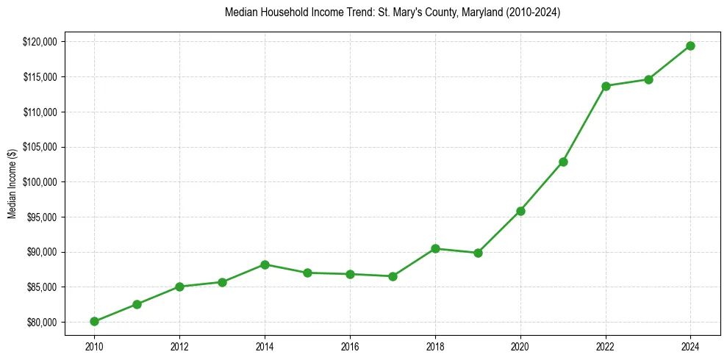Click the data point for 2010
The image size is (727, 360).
point(94,321)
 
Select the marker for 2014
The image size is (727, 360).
point(265,264)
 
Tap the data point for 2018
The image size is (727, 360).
point(435,248)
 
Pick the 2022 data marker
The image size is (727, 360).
point(606,86)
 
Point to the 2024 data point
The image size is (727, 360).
point(691,46)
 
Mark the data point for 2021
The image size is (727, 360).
point(563,162)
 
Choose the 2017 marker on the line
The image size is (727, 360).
point(393,276)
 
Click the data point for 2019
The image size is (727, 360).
point(478,253)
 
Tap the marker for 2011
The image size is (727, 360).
point(137,304)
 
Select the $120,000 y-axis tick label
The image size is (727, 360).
point(40,42)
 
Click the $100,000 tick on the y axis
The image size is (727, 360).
point(40,182)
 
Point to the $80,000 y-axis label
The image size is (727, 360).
point(43,323)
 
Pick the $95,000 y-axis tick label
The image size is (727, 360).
point(43,217)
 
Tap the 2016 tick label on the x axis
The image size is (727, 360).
point(350,345)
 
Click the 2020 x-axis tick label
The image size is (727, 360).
point(520,345)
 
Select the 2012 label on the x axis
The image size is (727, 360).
point(179,345)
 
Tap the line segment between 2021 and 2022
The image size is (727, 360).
point(584,123)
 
